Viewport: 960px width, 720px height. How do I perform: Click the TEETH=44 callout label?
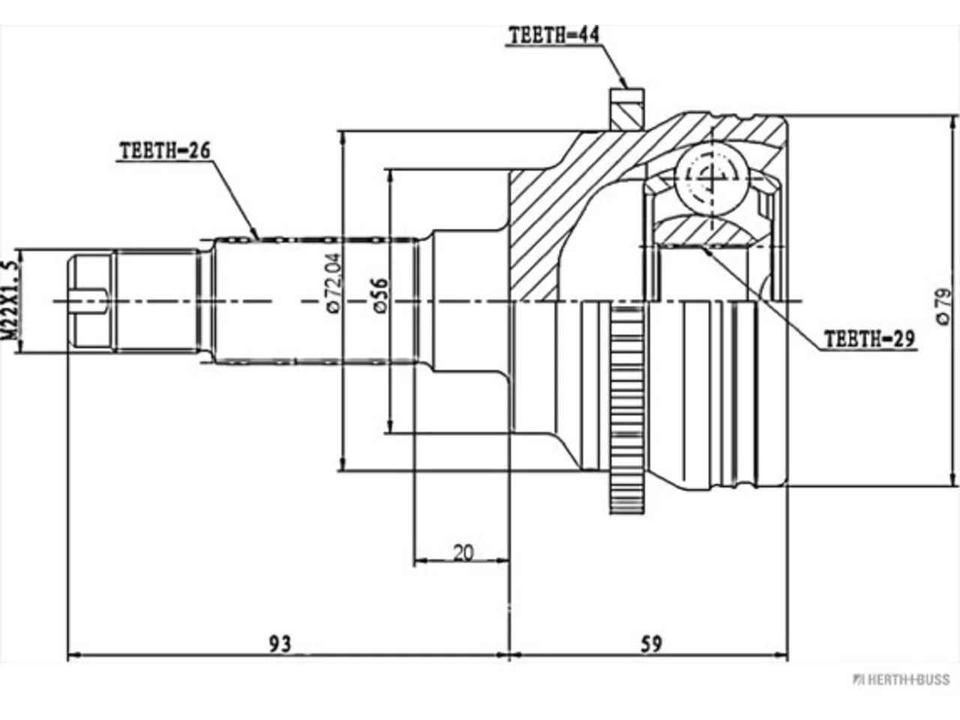point(554,35)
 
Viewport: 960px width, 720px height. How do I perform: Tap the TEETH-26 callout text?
point(165,151)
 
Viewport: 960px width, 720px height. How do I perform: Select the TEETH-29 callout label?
point(869,338)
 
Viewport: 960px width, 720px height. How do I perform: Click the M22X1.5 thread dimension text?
point(10,300)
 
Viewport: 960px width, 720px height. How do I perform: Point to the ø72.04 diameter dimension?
point(334,283)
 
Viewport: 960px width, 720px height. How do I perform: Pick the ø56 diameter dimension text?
point(380,295)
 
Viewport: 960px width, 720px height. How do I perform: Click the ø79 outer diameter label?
point(943,306)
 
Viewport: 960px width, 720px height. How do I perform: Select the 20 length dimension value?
point(463,553)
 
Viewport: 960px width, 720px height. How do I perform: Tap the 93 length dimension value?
point(280,643)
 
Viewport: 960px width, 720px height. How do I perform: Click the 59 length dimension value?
point(652,643)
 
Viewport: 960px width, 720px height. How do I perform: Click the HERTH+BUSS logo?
point(901,679)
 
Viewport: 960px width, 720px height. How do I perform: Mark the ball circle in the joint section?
point(712,178)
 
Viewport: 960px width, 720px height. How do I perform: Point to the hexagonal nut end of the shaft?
point(91,301)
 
